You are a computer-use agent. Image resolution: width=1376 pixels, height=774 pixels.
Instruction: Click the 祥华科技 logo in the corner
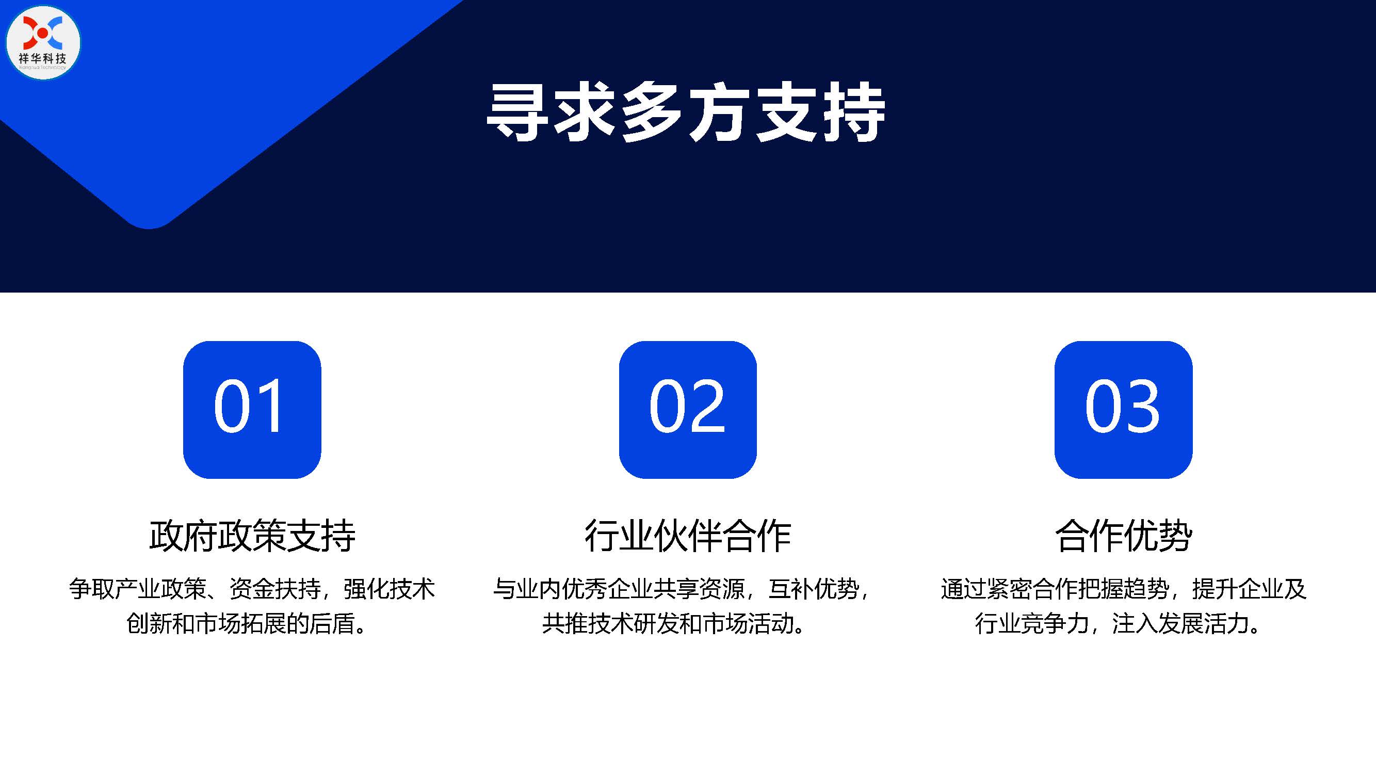coord(43,43)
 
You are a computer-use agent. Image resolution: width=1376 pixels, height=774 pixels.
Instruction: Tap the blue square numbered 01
coord(252,410)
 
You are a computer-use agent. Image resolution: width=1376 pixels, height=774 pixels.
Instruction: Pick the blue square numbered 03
coord(1123,410)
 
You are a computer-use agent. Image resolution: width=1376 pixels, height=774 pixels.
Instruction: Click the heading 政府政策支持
coord(252,535)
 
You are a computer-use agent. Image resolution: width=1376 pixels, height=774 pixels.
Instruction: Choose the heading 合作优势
coord(1123,535)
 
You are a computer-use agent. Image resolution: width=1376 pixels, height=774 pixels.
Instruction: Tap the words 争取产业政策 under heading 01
coord(137,589)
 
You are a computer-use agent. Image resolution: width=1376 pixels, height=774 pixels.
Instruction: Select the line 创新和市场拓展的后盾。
coord(247,623)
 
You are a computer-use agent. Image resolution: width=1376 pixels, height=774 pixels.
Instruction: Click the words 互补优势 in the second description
coord(814,589)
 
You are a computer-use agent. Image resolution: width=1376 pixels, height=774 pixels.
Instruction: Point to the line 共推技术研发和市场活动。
coord(674,623)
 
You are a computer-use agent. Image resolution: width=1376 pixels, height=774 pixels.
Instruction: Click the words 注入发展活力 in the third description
coord(1180,623)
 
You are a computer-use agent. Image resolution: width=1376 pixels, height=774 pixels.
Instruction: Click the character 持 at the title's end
coord(855,112)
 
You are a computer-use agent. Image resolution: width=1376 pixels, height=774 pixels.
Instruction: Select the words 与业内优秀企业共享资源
coord(619,589)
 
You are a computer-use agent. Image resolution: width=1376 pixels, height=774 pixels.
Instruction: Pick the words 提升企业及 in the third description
coord(1250,589)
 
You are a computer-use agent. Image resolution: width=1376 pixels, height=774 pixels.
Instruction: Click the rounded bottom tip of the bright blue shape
coord(149,228)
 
